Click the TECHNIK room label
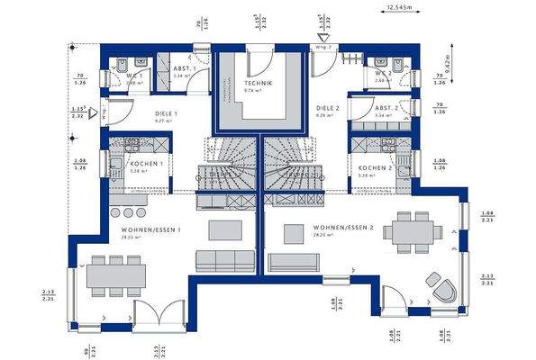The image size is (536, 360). pos(257,84)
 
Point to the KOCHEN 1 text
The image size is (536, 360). pos(147,163)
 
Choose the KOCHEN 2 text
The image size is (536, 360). pos(374,168)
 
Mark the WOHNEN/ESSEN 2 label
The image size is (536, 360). pos(343,228)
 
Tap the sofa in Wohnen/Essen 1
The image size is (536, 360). pos(224,261)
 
